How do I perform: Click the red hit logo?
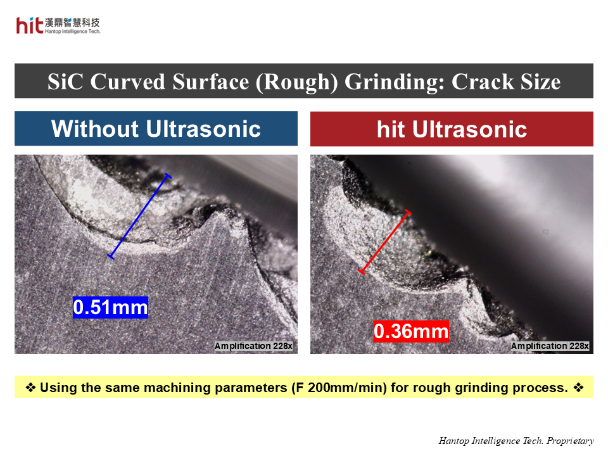point(30,25)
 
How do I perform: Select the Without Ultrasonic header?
point(156,129)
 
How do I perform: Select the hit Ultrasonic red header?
point(452,129)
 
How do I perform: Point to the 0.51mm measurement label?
point(110,308)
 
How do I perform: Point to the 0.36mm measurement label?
point(411,331)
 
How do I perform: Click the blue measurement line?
point(139,215)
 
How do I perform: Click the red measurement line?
point(385,242)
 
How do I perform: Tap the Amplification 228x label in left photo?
point(253,346)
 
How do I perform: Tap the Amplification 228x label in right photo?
point(550,346)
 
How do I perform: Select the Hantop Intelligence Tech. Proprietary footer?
point(516,441)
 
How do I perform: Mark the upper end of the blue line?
point(167,175)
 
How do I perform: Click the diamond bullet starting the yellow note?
point(30,388)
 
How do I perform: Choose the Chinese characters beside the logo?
point(72,22)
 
